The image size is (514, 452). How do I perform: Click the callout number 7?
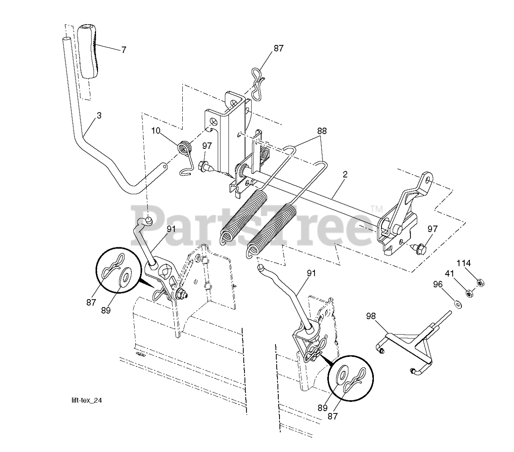123,50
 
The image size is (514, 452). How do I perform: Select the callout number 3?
99,115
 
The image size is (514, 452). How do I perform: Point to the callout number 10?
156,131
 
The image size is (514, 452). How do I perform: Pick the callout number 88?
322,131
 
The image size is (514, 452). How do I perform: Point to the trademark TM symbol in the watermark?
376,209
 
